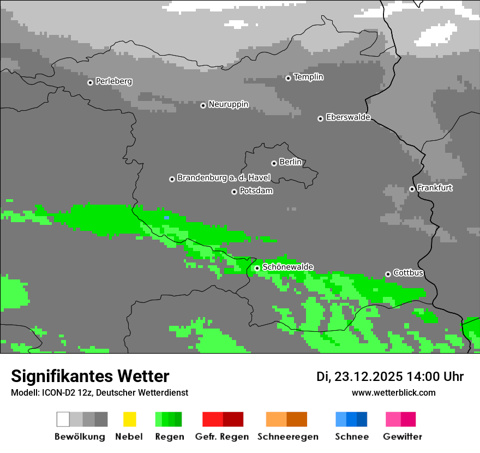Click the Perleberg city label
(x=113, y=81)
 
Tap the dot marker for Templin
(x=288, y=78)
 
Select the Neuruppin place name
(x=228, y=104)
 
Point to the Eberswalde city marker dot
(x=320, y=118)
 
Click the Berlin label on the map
(x=290, y=162)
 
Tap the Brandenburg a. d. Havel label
(x=224, y=178)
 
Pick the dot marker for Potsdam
(x=234, y=192)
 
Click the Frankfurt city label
(x=435, y=188)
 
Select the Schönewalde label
(x=287, y=267)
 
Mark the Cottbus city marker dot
(x=388, y=274)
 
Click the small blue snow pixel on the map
(x=166, y=218)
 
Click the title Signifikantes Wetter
(x=90, y=376)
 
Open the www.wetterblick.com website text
(x=393, y=392)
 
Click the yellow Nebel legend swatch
(x=129, y=419)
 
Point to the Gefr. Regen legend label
(x=221, y=437)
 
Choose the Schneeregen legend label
(x=287, y=437)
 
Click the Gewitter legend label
(x=402, y=437)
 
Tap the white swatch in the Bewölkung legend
(x=63, y=419)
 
